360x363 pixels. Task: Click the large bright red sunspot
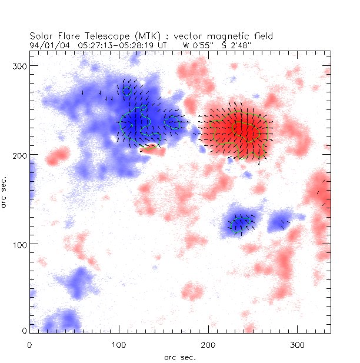(238, 132)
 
